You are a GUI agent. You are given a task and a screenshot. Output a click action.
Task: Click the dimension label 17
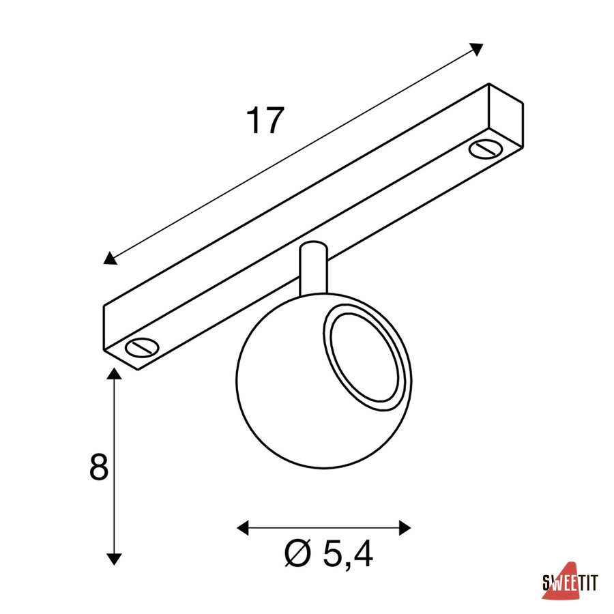pos(265,120)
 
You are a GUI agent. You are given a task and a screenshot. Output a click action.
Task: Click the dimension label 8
pos(99,467)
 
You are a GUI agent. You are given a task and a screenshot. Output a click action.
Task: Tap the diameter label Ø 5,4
pos(328,554)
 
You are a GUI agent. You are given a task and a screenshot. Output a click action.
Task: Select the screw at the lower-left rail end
pos(142,347)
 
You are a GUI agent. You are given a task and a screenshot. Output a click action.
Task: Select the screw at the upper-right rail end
pos(486,149)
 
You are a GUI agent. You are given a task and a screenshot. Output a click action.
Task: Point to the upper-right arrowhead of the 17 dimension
pos(477,49)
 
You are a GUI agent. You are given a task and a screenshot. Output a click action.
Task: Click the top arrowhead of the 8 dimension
pos(114,374)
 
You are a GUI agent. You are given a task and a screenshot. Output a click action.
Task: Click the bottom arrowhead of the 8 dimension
pos(114,559)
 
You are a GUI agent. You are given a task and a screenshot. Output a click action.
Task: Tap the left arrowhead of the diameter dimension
pos(243,528)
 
